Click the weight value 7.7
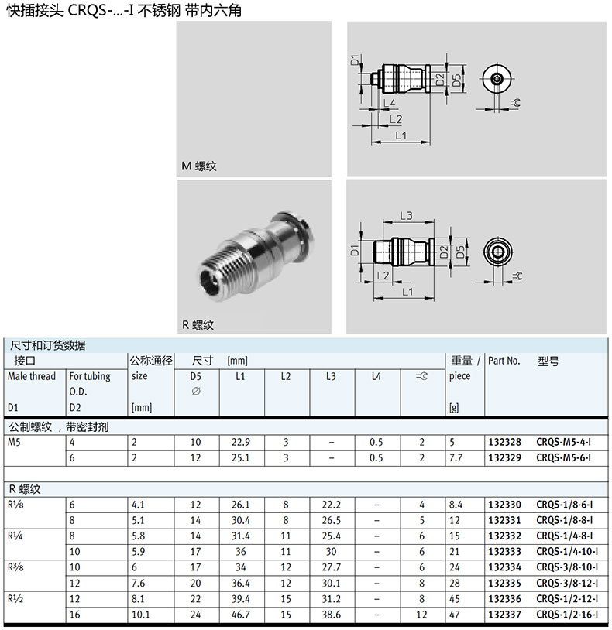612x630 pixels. click(456, 457)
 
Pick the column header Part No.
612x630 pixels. click(504, 361)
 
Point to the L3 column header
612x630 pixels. click(331, 376)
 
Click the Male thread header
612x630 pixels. click(32, 376)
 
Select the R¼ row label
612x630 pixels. click(15, 536)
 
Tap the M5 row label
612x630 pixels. click(15, 443)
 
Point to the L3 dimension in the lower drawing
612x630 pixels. click(406, 215)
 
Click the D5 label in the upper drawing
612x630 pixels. click(457, 80)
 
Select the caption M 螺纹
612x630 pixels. click(199, 166)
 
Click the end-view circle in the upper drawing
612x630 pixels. click(496, 79)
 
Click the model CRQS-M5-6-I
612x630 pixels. click(564, 457)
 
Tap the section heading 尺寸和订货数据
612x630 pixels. click(47, 345)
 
